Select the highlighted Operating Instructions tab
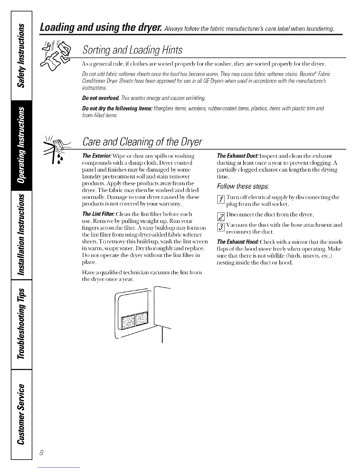21,147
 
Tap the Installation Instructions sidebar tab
21,236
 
